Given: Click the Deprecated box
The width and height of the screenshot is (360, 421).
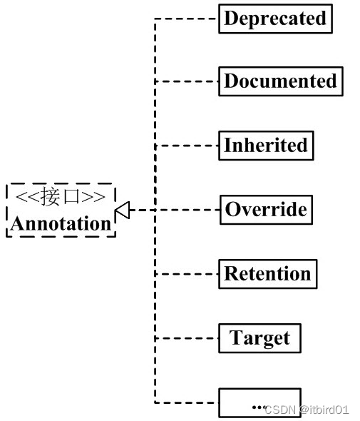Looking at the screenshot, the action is tap(275, 19).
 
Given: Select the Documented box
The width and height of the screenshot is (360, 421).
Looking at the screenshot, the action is tap(281, 81).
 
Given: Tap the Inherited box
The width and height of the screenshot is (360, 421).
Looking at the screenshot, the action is tap(266, 146).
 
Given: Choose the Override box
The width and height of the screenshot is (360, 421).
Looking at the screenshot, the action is tap(266, 210).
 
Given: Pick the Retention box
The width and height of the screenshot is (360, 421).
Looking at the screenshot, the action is tap(268, 274).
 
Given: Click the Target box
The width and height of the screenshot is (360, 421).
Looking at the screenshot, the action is tap(259, 338).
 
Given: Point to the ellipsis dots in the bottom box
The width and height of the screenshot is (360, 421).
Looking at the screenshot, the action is tap(259, 407).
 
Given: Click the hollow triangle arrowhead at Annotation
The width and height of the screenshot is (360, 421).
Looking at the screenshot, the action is tap(123, 210).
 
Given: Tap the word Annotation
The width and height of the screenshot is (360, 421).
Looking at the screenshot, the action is tap(61, 223).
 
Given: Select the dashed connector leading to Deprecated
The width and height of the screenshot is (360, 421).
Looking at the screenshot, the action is tap(187, 19).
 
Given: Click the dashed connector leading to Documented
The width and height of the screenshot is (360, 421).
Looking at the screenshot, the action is tap(187, 81).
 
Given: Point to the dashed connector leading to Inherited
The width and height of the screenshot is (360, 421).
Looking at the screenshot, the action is tap(187, 146).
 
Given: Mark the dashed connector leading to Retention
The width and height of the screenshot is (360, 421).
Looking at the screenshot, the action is tap(187, 274).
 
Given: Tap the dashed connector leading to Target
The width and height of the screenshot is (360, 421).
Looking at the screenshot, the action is tap(187, 338).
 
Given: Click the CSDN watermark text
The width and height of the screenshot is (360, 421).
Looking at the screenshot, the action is tap(280, 410).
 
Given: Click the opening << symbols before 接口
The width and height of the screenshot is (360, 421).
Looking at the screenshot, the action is tap(28, 197).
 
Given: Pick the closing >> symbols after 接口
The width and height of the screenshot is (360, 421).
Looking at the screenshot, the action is tap(93, 197).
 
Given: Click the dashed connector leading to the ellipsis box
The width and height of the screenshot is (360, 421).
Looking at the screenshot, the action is tap(187, 402).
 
